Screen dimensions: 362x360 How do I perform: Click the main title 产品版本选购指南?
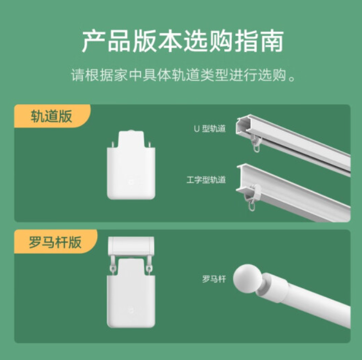click(182, 41)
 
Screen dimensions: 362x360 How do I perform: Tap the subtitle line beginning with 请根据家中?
click(183, 75)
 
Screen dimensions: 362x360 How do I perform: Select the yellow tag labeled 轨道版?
click(52, 116)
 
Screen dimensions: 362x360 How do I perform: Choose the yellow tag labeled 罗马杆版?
click(55, 242)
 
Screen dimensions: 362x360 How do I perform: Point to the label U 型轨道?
click(209, 129)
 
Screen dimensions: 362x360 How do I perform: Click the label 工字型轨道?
click(206, 180)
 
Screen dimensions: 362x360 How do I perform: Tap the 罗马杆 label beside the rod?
click(214, 279)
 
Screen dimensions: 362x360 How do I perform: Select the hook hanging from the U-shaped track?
click(256, 144)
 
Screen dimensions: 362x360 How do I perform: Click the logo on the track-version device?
click(131, 182)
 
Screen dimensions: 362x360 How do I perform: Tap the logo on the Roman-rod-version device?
click(131, 310)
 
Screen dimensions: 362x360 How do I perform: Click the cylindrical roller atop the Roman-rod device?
click(131, 246)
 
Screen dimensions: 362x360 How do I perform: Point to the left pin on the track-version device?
click(113, 145)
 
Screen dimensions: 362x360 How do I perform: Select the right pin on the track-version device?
click(150, 145)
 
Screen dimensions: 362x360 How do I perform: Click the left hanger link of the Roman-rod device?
click(112, 266)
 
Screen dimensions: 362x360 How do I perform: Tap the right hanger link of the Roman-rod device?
click(149, 266)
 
